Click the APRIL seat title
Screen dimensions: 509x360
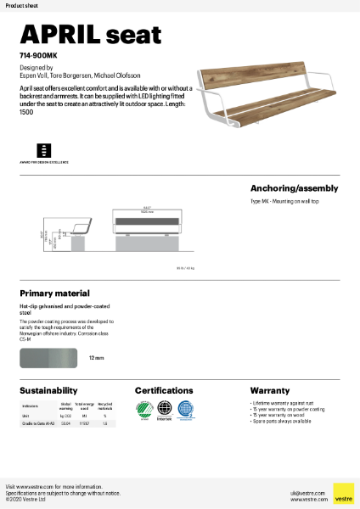pos(90,35)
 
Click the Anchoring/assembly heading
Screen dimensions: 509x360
pos(294,188)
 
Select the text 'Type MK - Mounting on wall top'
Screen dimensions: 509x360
pos(285,203)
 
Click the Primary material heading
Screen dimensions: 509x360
pos(54,294)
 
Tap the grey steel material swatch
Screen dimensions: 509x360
pos(49,358)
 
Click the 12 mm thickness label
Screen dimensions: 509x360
pos(97,359)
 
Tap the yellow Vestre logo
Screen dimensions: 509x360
pos(343,494)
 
